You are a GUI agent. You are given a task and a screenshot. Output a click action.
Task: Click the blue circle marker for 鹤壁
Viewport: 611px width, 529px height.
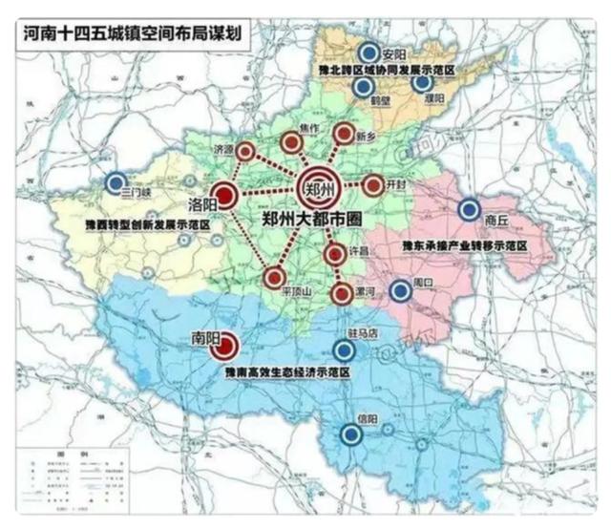[x=363, y=88]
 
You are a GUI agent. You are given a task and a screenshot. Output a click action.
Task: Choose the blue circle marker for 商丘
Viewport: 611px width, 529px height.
[x=469, y=210]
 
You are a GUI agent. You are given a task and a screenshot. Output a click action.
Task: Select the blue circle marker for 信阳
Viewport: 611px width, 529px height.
[x=351, y=435]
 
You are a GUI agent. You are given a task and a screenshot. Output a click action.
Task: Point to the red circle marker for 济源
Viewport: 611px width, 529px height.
[x=245, y=151]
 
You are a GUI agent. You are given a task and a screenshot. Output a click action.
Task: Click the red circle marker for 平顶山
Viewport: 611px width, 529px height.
[x=274, y=278]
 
